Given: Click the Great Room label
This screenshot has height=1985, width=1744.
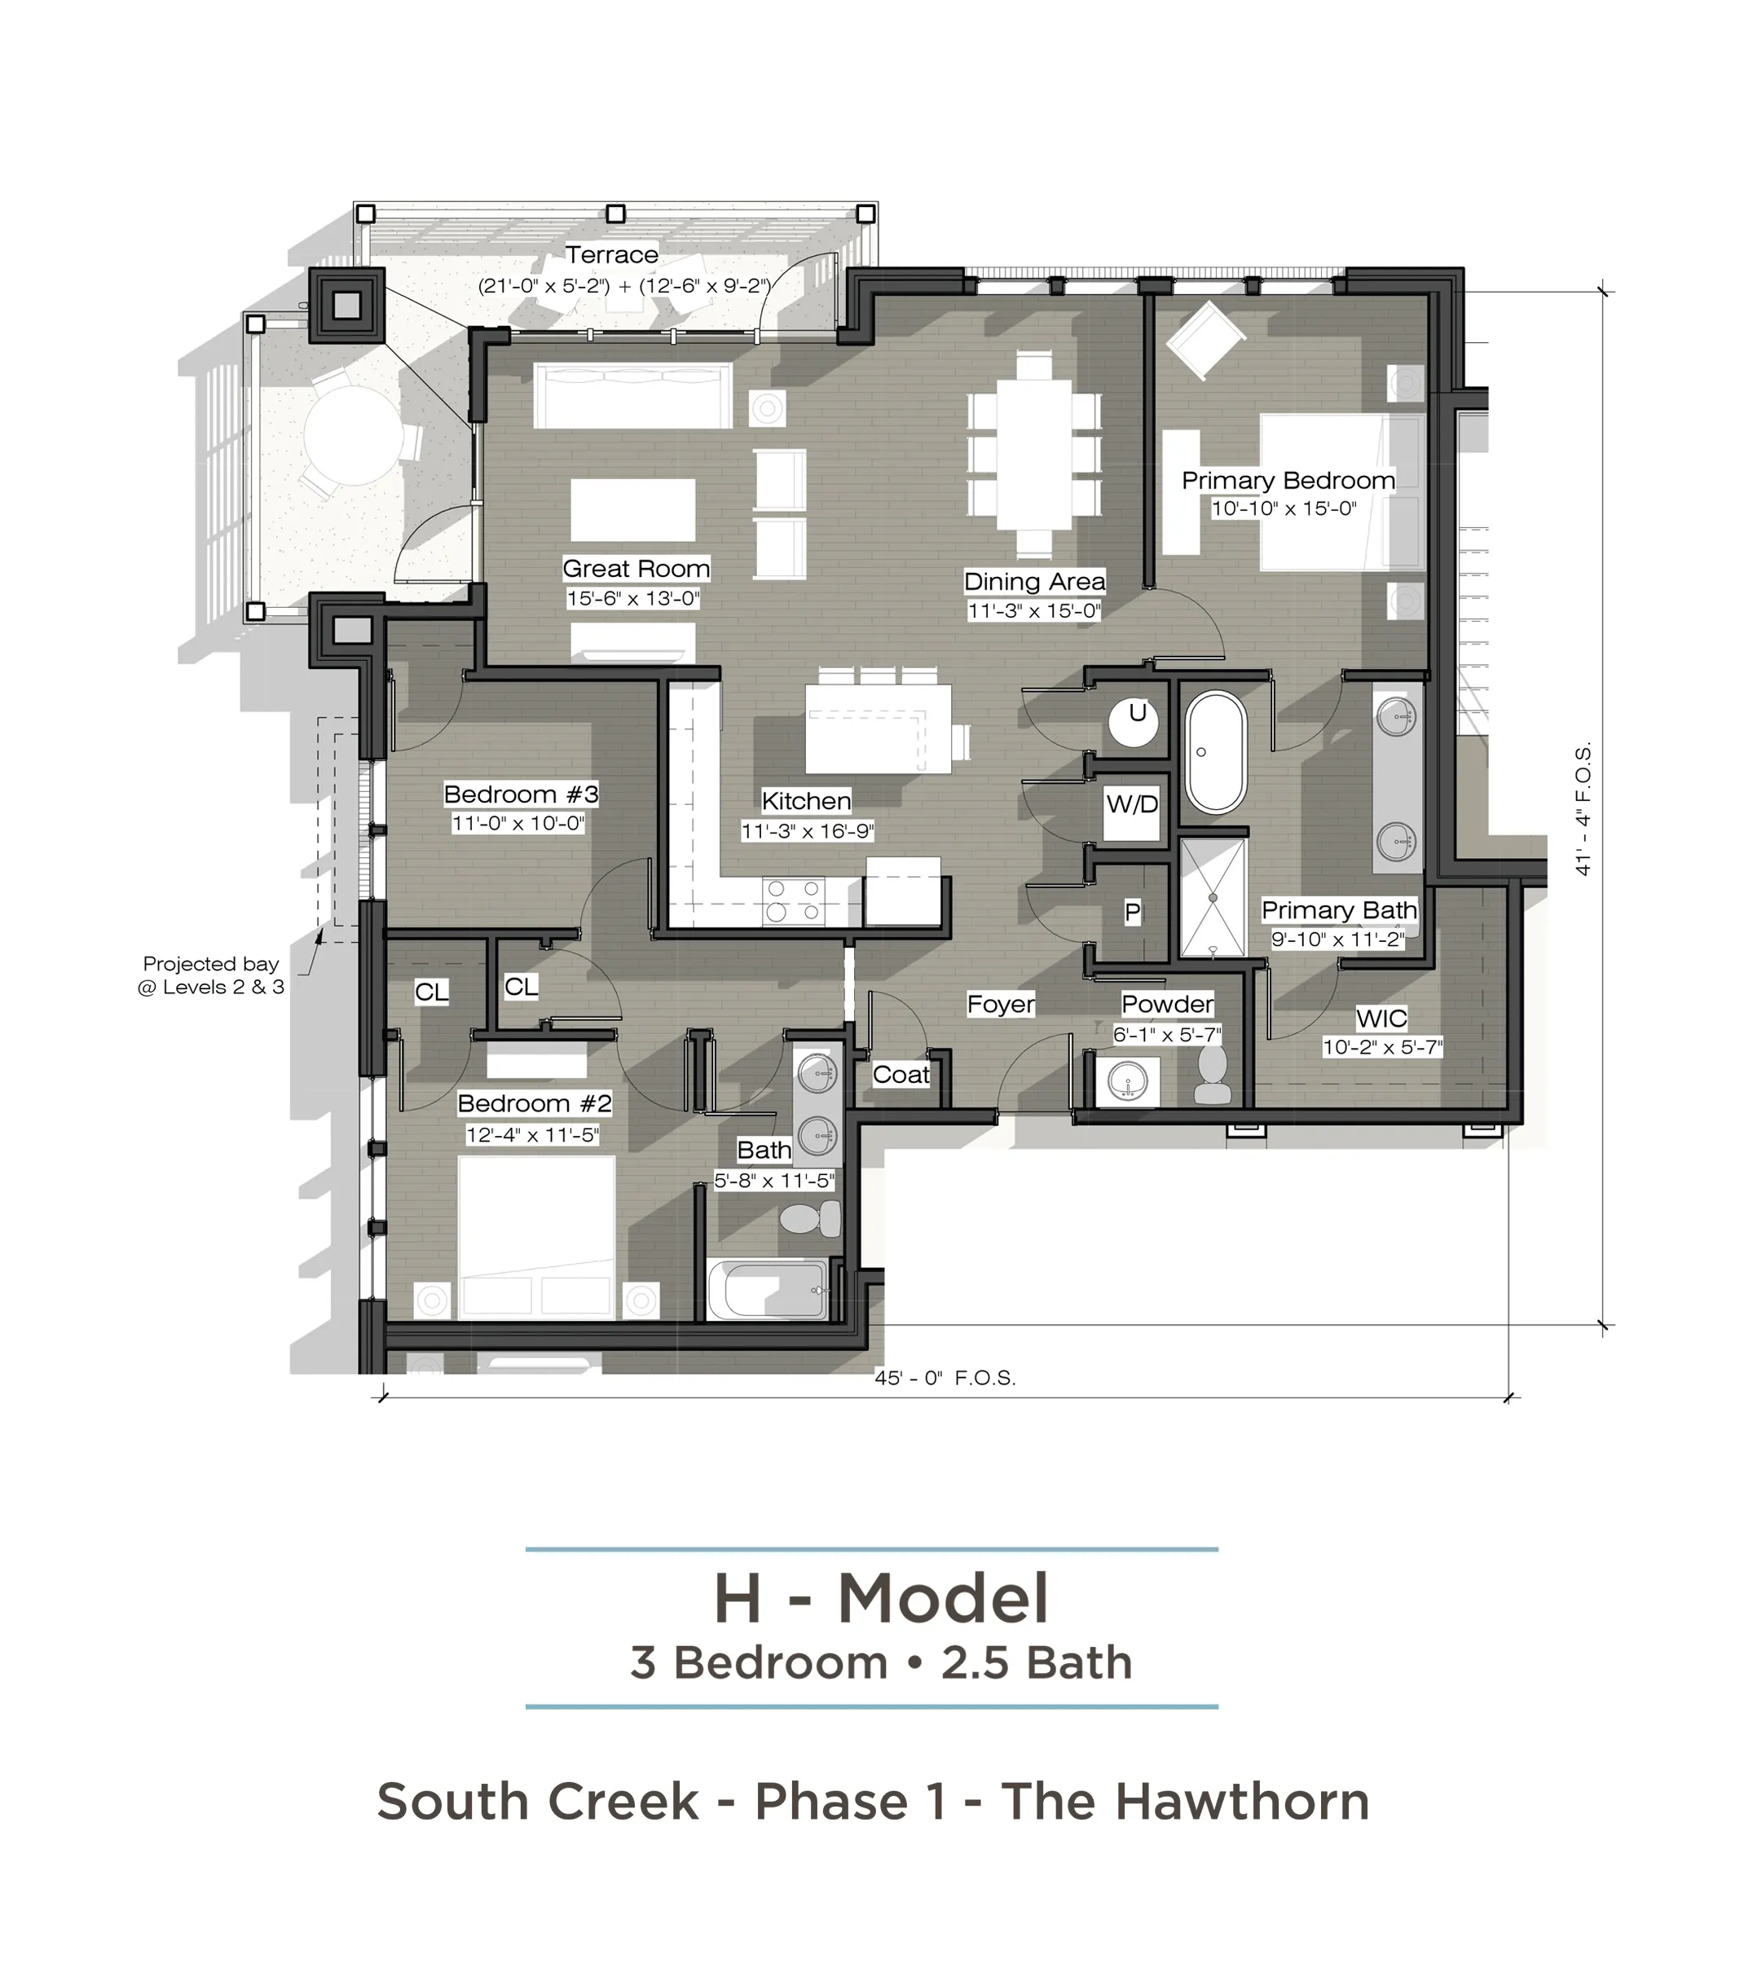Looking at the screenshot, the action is (636, 568).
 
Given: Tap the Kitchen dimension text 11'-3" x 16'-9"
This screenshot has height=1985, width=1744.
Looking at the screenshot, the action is (807, 831).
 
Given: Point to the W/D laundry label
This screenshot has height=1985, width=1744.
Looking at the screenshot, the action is (1132, 804).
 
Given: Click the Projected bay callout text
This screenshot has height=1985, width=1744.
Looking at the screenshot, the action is (211, 975).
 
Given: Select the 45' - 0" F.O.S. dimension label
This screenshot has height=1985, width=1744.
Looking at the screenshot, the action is (945, 1377).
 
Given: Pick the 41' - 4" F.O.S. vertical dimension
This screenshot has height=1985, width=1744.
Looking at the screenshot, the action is (1583, 809).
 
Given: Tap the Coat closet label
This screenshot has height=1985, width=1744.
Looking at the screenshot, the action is (901, 1074).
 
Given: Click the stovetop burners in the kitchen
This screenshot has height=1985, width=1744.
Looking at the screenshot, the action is (793, 900).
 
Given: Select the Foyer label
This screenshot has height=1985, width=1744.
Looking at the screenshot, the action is (1001, 1004).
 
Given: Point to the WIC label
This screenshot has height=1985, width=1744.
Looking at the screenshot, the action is (1382, 1018).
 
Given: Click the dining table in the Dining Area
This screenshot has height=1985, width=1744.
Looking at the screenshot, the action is (1034, 452).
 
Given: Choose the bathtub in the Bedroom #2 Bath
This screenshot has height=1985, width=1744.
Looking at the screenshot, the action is (767, 1290).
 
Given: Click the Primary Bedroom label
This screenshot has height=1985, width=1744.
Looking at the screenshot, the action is (1288, 480).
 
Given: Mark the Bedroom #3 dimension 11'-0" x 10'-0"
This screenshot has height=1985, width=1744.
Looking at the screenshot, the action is (518, 824).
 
